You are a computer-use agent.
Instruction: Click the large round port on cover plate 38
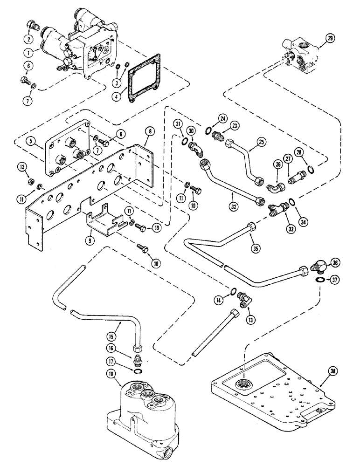coord(242,383)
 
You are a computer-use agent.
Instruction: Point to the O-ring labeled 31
coord(186,142)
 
